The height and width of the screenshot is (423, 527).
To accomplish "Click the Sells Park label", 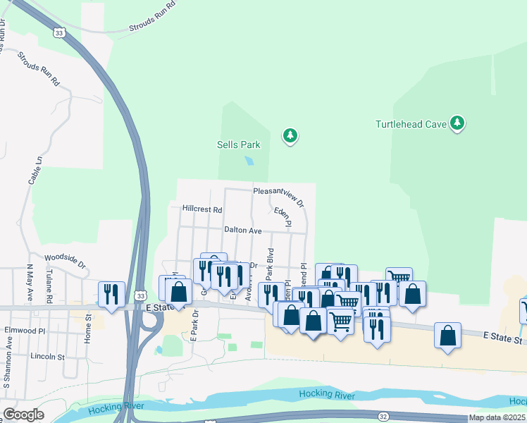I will click(238, 145).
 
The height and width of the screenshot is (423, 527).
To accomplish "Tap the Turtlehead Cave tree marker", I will click(458, 124).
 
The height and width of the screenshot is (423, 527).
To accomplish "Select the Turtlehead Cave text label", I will click(411, 124).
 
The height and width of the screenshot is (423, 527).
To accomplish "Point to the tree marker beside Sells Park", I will click(290, 135).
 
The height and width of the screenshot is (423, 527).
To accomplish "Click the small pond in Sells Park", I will click(249, 161).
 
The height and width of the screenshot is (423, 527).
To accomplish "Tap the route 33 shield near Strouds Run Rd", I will click(59, 33).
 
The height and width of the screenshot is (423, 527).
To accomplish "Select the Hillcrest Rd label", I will click(201, 209).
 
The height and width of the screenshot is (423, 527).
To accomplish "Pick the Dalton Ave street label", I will click(243, 231).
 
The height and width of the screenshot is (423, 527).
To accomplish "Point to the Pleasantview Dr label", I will click(279, 195).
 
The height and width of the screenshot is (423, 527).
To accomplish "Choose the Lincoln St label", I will click(47, 356).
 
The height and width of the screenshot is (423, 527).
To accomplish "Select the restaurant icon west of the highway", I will click(111, 294).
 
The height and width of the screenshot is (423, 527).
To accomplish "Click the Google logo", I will click(23, 415).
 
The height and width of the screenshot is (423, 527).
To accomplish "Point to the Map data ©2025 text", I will click(497, 417).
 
